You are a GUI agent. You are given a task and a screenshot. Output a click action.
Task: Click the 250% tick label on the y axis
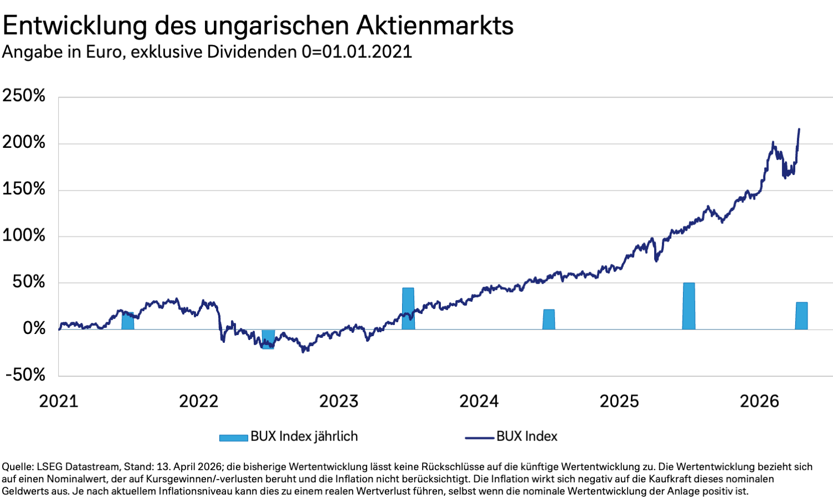tap(24, 96)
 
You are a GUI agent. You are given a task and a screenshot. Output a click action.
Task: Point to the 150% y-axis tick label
tap(24, 189)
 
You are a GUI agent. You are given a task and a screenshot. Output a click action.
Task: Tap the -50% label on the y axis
tap(26, 375)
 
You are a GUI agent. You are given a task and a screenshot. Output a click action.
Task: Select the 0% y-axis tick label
tap(34, 328)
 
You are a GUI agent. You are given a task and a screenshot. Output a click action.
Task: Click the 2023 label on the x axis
tap(339, 401)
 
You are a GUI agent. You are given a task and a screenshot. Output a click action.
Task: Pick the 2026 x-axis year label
tap(759, 401)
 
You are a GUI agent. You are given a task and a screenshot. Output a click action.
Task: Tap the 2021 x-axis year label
tap(58, 401)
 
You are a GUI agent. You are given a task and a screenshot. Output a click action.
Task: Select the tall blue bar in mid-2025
tap(689, 306)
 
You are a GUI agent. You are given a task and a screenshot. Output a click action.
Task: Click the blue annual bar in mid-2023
tap(408, 308)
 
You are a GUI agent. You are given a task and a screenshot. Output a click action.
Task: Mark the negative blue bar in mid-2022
tap(268, 339)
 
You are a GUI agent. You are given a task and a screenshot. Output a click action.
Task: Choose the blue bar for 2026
tap(801, 316)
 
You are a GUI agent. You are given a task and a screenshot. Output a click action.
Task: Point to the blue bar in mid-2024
tap(549, 320)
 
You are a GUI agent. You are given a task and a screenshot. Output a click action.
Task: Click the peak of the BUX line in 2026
tap(799, 129)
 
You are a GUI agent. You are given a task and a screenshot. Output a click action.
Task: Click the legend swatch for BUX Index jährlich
tap(233, 437)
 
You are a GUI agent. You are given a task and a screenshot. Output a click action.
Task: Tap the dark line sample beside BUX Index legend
tap(479, 437)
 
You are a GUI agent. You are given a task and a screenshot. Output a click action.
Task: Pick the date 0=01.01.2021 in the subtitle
tap(357, 52)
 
